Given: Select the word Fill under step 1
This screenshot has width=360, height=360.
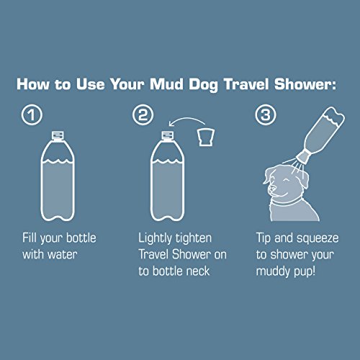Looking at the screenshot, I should [x=32, y=238].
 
